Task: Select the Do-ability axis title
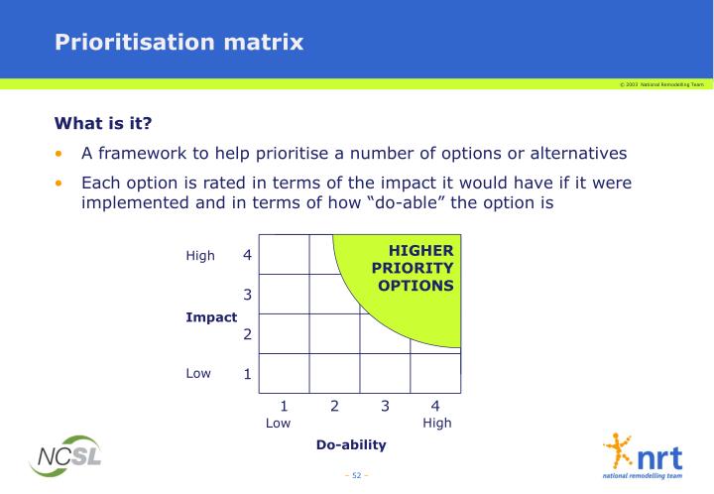(x=350, y=445)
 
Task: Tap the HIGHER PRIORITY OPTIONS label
(x=414, y=268)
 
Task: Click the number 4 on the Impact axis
(x=248, y=255)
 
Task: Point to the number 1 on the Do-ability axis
(x=283, y=406)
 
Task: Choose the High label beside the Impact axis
(x=200, y=256)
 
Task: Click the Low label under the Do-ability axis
(x=279, y=423)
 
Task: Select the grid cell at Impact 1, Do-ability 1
(x=284, y=372)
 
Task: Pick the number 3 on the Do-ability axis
(x=385, y=406)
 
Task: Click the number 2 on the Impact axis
(x=248, y=334)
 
